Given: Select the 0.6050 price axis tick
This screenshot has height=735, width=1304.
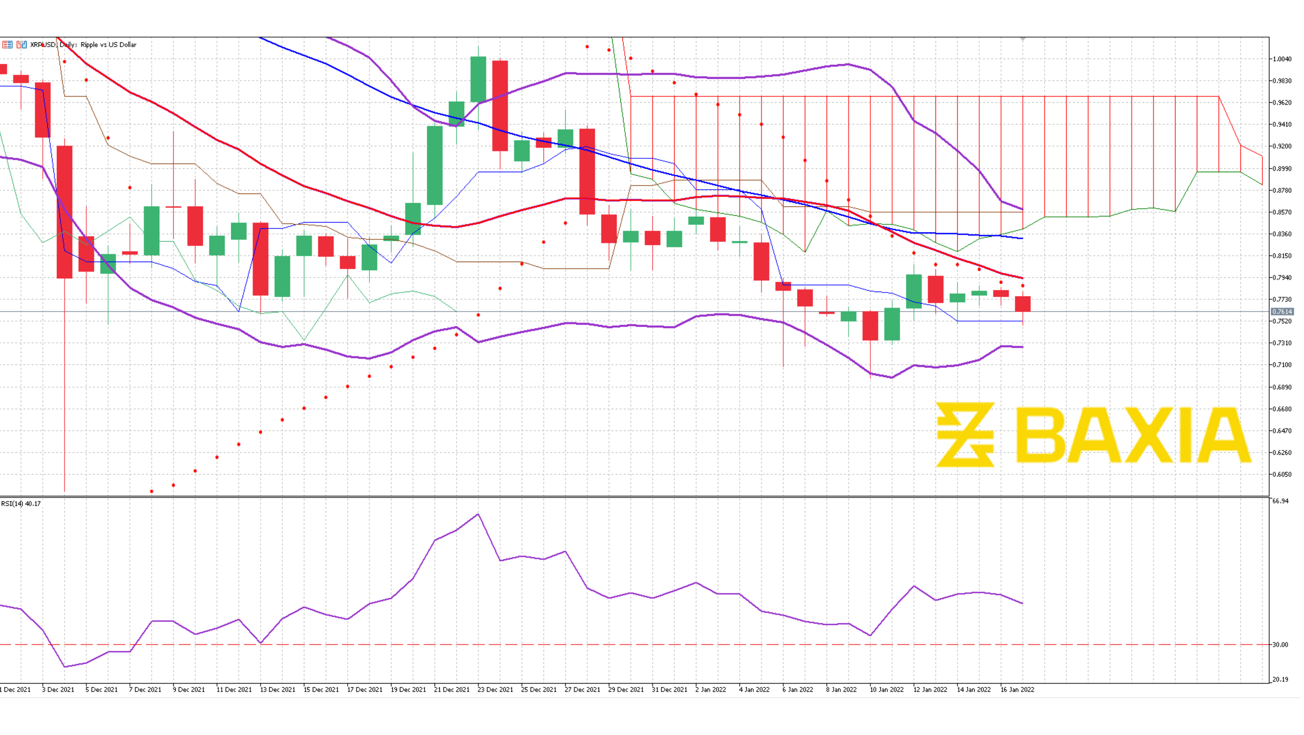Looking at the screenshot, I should point(1282,475).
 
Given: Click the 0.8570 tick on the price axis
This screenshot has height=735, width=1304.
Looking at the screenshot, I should point(1282,212).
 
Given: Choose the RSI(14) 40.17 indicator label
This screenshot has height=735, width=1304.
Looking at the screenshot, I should point(21,504).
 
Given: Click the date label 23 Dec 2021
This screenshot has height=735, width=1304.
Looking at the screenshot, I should point(495,689).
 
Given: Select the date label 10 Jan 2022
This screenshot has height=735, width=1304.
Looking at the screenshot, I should point(886,689).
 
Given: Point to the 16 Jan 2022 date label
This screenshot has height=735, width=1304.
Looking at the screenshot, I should point(1017,689).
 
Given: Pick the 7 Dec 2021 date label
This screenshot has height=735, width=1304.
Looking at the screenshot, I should point(145,689).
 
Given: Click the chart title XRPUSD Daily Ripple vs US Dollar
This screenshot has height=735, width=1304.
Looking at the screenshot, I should point(83,45).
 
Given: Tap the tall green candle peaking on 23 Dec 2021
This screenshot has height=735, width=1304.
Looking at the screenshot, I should point(478,80).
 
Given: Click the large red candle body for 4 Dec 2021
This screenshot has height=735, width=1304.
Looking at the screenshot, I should point(65,212).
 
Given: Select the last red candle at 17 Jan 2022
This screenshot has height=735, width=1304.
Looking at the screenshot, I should point(1023,304).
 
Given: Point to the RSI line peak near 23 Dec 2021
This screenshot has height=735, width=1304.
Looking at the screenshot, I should point(478,515).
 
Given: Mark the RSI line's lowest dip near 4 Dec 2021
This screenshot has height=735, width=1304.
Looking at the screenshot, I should point(65,667).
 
